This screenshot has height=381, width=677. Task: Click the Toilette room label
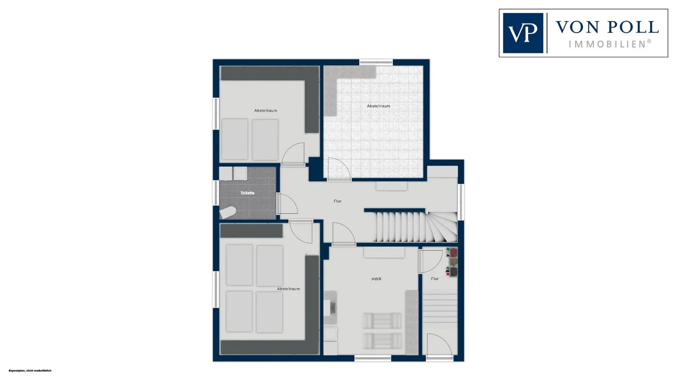247,193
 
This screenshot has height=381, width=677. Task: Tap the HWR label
376,279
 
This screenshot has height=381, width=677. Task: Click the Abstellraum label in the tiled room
378,106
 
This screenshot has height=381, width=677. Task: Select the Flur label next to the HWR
435,279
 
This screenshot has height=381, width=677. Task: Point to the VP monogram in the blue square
523,33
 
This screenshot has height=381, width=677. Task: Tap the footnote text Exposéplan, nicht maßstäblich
30,371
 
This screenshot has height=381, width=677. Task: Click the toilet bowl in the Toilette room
227,212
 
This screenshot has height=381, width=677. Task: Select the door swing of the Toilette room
287,204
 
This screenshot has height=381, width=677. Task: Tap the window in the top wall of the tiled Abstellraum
376,62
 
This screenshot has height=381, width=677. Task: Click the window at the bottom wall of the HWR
373,358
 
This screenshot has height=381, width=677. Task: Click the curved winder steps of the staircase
442,227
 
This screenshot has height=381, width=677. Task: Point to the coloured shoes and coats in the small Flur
451,262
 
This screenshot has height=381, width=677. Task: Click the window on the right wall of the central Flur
461,202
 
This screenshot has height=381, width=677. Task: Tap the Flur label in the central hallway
337,201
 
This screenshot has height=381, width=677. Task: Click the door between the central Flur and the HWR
343,234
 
